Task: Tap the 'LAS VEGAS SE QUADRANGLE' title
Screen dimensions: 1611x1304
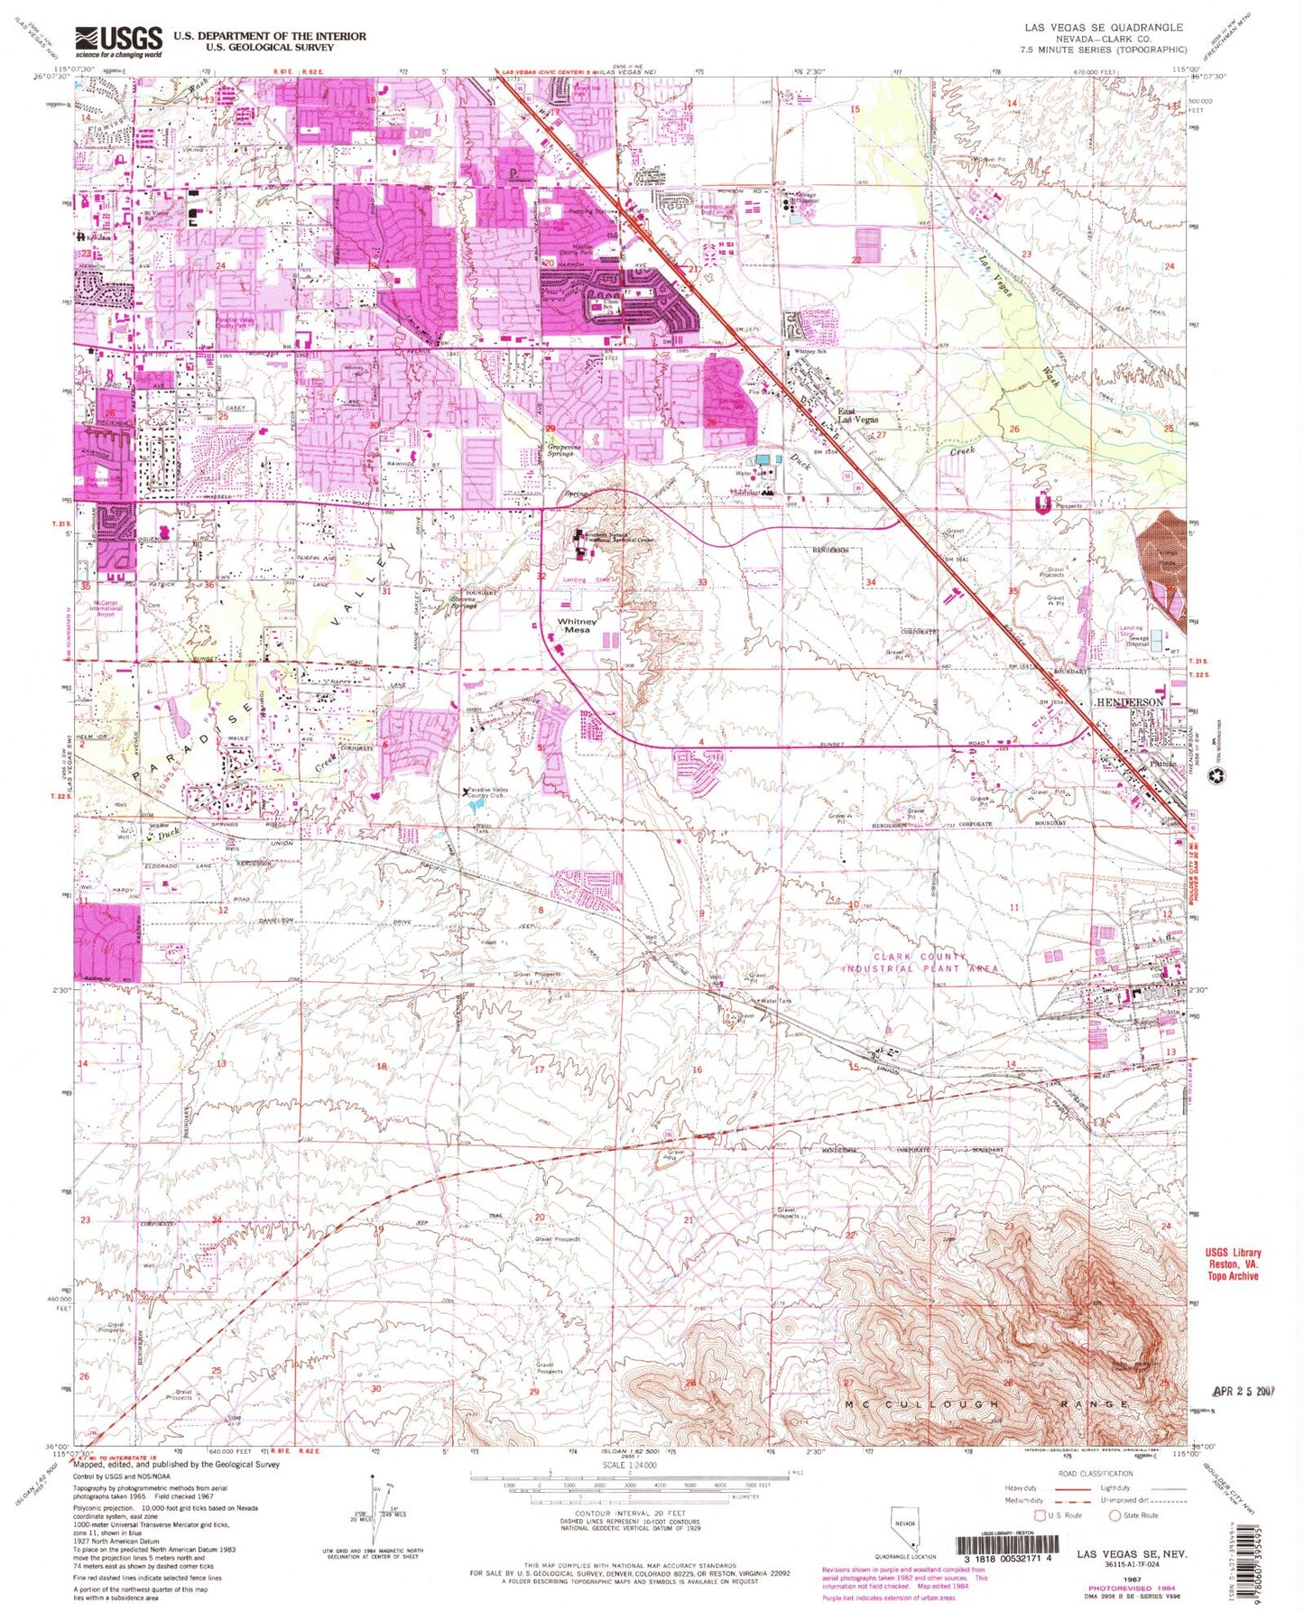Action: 1124,28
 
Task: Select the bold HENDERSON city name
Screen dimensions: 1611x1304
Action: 1130,702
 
